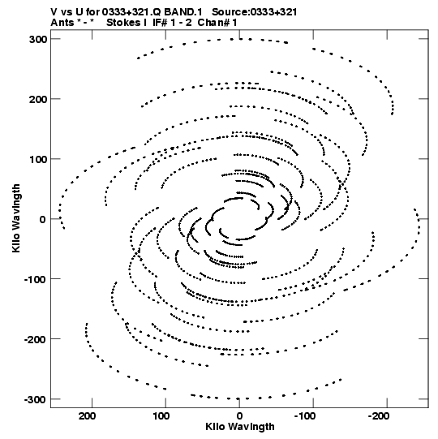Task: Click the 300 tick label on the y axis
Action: [38, 39]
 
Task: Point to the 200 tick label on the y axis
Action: [38, 99]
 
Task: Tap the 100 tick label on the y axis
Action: [38, 159]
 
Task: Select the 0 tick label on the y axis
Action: [42, 219]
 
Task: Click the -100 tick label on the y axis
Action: [36, 279]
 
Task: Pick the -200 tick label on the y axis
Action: [36, 339]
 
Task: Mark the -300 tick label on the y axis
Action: [36, 399]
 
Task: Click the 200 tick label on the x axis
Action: [88, 415]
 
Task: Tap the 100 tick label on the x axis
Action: [161, 415]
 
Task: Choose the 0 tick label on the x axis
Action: [239, 415]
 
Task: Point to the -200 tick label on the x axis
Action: [378, 415]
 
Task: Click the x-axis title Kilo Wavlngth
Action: [240, 427]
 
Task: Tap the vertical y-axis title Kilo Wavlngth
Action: [16, 218]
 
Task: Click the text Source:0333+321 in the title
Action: [255, 12]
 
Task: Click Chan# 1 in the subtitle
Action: [217, 23]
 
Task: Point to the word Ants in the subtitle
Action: [62, 23]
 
